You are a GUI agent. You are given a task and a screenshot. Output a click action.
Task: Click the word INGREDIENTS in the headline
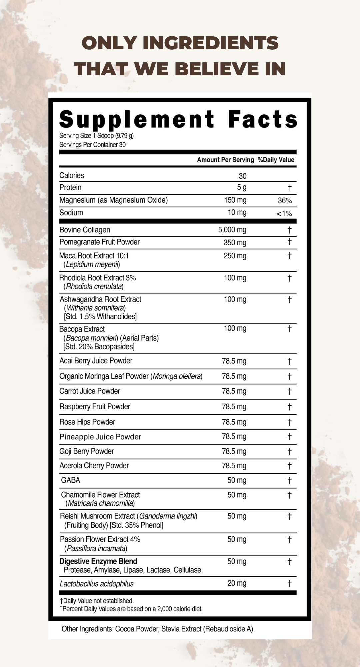[x=210, y=43]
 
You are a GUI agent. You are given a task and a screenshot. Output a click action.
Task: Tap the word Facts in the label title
[x=263, y=120]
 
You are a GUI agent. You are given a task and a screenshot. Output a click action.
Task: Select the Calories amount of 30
[x=242, y=176]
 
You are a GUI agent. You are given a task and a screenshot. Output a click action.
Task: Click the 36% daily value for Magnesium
[x=285, y=201]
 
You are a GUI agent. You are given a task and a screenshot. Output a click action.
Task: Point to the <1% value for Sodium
[x=284, y=214]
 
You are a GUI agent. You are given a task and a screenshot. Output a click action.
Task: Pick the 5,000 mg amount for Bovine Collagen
[x=232, y=230]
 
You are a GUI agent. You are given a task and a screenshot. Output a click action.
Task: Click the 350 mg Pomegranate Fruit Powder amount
[x=235, y=243]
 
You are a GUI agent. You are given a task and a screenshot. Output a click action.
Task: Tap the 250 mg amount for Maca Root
[x=235, y=256]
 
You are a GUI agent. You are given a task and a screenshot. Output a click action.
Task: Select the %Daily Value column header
[x=276, y=160]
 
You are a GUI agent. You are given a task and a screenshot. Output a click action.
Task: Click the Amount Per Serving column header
[x=225, y=160]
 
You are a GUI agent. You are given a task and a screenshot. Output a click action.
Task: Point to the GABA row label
[x=71, y=480]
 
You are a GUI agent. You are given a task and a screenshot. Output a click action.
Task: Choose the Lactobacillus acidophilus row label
[x=97, y=584]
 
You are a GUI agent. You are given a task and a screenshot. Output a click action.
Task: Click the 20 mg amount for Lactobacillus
[x=237, y=583]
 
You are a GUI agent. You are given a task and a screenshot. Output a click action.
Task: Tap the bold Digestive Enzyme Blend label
[x=98, y=561]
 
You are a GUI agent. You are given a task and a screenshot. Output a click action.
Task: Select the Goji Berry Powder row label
[x=87, y=451]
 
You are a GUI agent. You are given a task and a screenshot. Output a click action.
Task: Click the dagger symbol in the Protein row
[x=290, y=188]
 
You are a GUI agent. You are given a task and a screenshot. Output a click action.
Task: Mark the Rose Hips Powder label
[x=87, y=422]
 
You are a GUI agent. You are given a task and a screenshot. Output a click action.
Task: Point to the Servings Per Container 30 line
[x=92, y=145]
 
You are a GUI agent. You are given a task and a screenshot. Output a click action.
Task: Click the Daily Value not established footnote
[x=97, y=601]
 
